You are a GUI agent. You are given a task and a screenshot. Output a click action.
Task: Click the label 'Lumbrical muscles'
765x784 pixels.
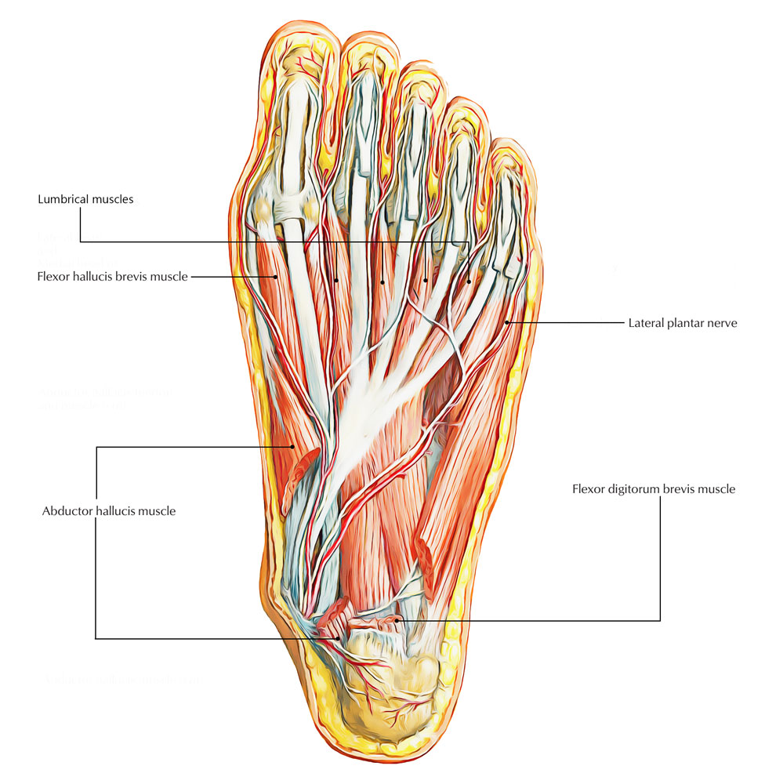coord(85,199)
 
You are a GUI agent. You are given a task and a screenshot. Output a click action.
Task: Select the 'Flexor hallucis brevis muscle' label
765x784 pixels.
coord(112,277)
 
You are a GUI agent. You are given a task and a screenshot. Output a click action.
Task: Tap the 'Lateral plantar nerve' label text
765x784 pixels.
coord(682,322)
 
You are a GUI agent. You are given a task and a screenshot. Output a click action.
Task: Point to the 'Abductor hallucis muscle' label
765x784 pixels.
coord(108,511)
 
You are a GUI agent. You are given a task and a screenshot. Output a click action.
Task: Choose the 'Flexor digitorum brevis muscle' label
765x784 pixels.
coord(653,489)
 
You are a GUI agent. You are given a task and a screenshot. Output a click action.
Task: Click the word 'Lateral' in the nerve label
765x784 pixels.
coord(645,322)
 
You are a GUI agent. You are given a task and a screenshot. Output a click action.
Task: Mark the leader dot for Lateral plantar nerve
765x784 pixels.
coord(508,321)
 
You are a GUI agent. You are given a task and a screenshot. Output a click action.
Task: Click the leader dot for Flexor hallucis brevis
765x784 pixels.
coord(276,277)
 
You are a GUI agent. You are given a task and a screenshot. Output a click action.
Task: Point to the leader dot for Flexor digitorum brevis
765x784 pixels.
coord(399,620)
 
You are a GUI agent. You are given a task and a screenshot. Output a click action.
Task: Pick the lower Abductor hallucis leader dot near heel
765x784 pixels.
coord(339,638)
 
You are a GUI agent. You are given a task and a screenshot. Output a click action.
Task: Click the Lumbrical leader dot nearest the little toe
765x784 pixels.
coord(470,280)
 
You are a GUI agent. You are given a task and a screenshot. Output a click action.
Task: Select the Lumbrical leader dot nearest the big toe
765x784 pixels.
coord(337,280)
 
